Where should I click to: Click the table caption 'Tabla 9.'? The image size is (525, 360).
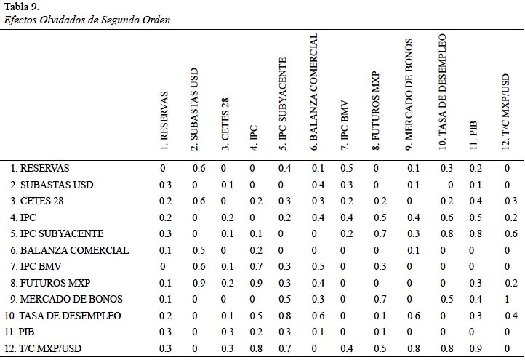(x=22, y=7)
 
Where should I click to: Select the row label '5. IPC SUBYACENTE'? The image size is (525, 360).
(x=57, y=233)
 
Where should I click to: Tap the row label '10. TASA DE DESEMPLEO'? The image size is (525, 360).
(x=63, y=316)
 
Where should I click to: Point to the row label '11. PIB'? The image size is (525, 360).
(x=20, y=332)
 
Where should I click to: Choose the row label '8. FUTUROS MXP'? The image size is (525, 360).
(x=50, y=283)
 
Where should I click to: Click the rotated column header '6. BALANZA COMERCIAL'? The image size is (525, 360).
(x=313, y=91)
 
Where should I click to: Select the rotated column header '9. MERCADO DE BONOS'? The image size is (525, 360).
(x=409, y=94)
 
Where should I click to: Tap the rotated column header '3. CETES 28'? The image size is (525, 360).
(x=225, y=124)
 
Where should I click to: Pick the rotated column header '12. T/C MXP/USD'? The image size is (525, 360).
(x=505, y=111)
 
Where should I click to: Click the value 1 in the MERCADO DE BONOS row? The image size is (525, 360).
(x=507, y=299)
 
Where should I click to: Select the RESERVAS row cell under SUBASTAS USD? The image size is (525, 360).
(x=199, y=168)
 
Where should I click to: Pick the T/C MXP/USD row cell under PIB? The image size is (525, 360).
(x=476, y=348)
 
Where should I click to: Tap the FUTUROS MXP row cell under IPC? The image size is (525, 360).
(x=256, y=283)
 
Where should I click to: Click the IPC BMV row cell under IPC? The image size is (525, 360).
(x=256, y=266)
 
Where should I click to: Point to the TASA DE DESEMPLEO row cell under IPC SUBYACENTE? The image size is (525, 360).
(x=284, y=316)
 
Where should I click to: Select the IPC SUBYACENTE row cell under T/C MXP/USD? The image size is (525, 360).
(x=511, y=233)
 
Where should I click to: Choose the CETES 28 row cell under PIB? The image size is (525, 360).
(x=476, y=201)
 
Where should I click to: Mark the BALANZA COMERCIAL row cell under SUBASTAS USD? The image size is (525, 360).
(x=199, y=250)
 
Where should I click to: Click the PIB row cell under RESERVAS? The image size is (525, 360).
(x=165, y=332)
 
